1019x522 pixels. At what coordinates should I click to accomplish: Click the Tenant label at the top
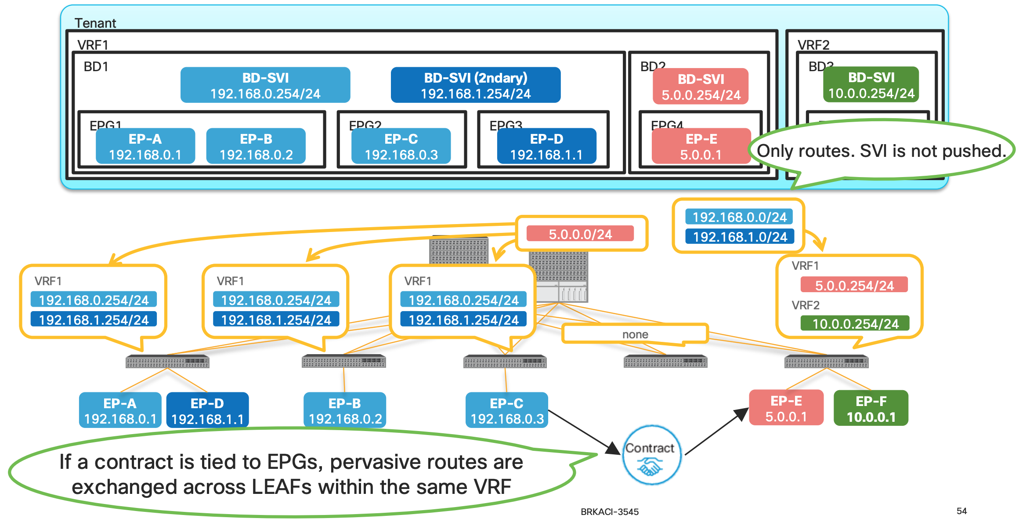coord(95,23)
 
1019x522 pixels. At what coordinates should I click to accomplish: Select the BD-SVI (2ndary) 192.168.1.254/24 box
coord(475,85)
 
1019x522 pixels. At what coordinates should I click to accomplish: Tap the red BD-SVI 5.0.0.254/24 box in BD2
coord(701,87)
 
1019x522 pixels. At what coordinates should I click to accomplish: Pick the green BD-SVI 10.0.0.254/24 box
coord(871,85)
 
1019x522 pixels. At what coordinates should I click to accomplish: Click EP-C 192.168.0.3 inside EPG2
coord(401,146)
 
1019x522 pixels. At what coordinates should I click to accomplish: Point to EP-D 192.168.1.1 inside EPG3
coord(546,146)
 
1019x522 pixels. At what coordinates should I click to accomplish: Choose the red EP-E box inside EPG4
coord(701,146)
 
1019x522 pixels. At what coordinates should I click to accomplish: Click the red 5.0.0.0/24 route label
coord(580,234)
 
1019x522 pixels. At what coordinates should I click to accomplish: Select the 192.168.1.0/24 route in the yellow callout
coord(740,237)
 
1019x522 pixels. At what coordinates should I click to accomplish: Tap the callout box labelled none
coord(635,334)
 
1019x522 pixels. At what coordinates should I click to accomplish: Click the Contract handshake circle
coord(652,455)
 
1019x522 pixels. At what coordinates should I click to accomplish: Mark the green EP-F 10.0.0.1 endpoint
coord(871,409)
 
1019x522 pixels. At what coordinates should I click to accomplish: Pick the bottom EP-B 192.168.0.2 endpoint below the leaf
coord(345,410)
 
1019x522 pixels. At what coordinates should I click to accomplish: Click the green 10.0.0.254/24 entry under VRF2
coord(855,324)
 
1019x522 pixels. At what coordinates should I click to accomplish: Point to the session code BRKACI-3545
coord(609,511)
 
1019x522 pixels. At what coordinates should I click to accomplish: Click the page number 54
coord(961,511)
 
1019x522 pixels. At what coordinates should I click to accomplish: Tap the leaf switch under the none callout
coord(665,362)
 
